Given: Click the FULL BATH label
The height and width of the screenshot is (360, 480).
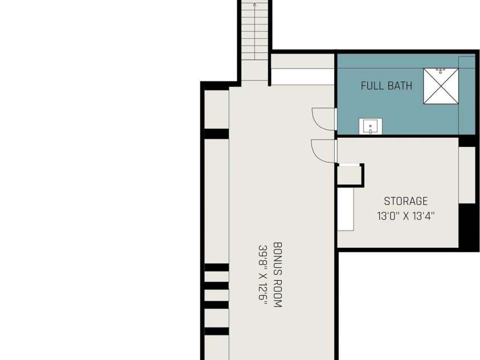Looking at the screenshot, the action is tap(386, 85).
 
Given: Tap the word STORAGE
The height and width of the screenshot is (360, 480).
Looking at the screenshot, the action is tap(405, 201).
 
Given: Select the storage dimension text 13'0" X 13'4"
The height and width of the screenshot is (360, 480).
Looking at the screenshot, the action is tap(405, 216).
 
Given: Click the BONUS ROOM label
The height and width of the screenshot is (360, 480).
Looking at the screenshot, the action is tap(277, 275).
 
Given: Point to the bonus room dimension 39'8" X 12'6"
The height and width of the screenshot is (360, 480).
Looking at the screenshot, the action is tap(263, 275).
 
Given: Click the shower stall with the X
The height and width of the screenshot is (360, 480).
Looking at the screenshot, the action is tap(441, 86).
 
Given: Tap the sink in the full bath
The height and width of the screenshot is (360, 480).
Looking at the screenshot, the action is tap(371, 126).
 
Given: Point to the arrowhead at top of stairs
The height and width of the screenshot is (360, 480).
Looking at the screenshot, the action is tap(255, 5).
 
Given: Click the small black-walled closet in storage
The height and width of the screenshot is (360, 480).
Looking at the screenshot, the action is tap(350, 175).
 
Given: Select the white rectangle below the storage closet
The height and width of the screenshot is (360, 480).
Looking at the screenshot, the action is tap(346, 209).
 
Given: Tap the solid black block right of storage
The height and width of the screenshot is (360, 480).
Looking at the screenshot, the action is tap(469, 227).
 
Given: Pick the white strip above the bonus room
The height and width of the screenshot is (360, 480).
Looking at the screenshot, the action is tap(302, 76).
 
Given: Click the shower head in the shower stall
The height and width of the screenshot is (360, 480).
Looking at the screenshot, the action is tap(441, 71).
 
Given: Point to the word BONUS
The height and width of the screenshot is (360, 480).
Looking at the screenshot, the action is tap(277, 259).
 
